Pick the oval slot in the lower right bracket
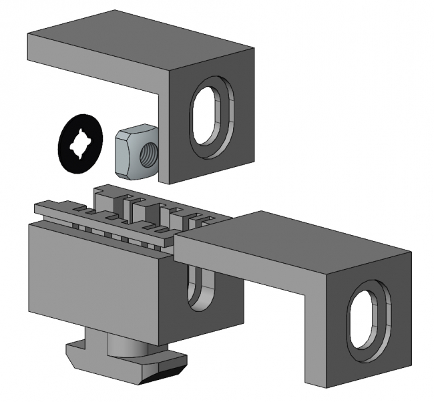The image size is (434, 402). coord(368,320)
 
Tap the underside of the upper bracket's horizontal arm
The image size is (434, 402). coord(100,75)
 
